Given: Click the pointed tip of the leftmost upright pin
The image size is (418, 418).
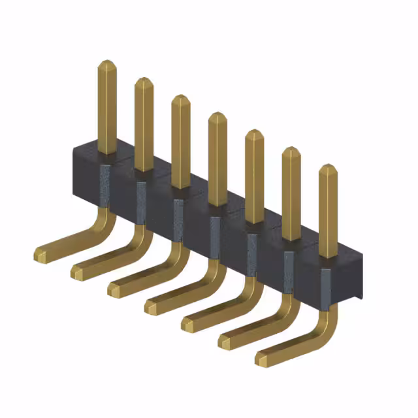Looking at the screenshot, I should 107,64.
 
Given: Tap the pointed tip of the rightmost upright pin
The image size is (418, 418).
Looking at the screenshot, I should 327,168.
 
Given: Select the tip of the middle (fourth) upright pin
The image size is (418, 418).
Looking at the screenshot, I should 217,116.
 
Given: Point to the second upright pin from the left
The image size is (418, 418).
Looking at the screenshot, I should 144,124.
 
